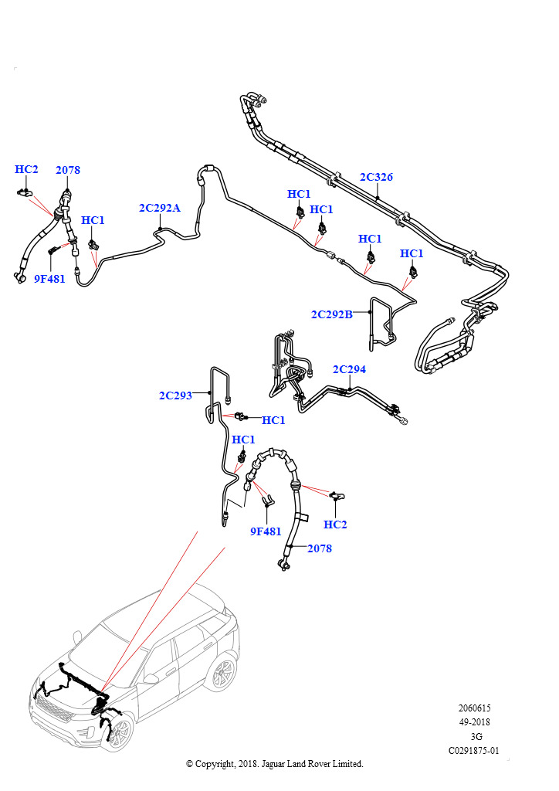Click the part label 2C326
tap(376, 177)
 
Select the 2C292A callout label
tap(159, 208)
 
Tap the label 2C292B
tap(332, 314)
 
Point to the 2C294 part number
tap(349, 369)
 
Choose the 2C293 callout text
tap(175, 395)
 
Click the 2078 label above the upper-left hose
tap(67, 170)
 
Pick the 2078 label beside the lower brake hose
tap(320, 548)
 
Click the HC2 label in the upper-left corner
tap(26, 169)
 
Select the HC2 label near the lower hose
tap(335, 525)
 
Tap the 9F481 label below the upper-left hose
tap(49, 278)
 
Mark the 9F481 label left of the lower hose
tap(266, 531)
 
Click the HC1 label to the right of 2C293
tap(273, 420)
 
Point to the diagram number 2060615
tap(474, 708)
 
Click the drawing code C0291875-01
tap(474, 751)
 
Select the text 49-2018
tap(474, 722)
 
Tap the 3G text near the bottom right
tap(476, 736)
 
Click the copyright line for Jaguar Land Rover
tap(275, 764)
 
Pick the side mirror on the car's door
tap(151, 679)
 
